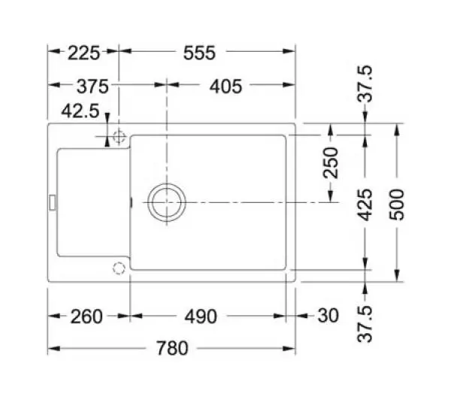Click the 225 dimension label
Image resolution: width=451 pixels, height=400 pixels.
(83, 53)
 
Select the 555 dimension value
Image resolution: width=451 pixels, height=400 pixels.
(199, 53)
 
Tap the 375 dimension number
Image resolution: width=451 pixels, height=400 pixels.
(92, 86)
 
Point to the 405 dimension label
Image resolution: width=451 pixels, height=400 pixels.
(225, 86)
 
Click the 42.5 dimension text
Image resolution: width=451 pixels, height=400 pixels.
(80, 111)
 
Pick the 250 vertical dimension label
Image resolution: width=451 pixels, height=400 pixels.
(331, 162)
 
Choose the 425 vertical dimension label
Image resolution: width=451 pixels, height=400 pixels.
(365, 205)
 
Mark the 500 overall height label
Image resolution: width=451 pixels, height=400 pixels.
(397, 205)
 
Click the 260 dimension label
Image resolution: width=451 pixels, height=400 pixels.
(86, 317)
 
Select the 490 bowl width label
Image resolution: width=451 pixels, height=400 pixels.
(201, 317)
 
